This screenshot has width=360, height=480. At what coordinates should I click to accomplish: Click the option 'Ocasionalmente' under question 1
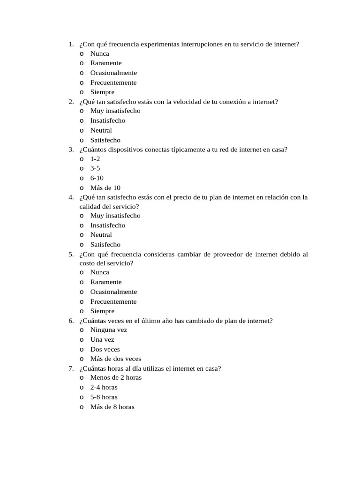(113, 73)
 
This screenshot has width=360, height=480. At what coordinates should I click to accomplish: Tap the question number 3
(71, 150)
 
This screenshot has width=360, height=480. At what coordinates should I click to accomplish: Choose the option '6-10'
(97, 178)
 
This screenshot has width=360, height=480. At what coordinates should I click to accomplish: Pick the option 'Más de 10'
(105, 187)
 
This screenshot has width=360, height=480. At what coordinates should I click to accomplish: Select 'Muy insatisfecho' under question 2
(115, 111)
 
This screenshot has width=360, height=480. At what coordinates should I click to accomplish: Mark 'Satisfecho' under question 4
(105, 244)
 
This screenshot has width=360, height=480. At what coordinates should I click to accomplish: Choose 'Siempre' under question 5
(102, 311)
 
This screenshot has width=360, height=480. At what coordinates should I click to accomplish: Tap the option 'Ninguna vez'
(109, 330)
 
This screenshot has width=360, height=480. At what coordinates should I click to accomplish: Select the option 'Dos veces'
(105, 349)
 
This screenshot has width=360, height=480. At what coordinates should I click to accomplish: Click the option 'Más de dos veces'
(115, 359)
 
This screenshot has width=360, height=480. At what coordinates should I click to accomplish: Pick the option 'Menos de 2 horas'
(116, 377)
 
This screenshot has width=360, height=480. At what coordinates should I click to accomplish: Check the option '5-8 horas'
(104, 397)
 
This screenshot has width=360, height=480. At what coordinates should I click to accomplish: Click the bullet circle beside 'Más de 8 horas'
(82, 407)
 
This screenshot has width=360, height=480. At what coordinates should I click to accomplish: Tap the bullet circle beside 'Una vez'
(82, 339)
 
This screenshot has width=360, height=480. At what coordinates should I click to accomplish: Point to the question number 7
(71, 368)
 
